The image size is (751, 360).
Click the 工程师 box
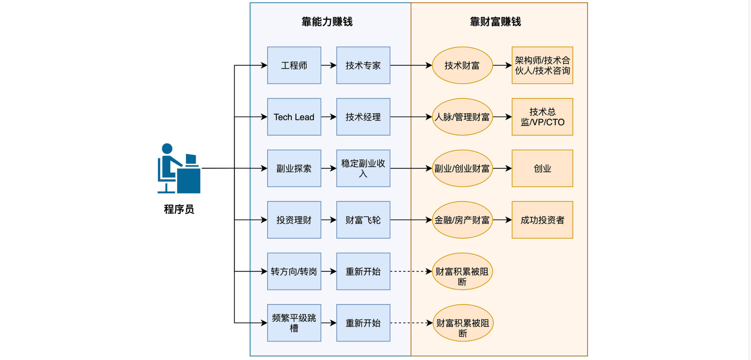click(294, 65)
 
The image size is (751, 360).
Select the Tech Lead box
click(294, 117)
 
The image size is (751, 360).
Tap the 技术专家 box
click(363, 65)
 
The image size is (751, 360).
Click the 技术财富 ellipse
click(462, 65)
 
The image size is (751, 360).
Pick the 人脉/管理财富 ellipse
click(462, 117)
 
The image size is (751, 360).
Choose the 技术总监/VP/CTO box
click(542, 117)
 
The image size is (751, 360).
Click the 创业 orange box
click(542, 168)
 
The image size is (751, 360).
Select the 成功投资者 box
click(542, 220)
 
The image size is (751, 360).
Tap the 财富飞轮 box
click(363, 220)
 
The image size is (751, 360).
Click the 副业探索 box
click(294, 168)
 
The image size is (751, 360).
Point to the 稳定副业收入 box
click(363, 168)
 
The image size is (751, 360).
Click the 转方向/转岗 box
click(294, 271)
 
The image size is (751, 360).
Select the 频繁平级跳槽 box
click(294, 323)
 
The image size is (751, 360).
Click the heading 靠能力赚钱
click(327, 22)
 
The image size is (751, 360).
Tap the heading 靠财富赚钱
click(495, 22)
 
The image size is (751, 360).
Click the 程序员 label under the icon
click(178, 209)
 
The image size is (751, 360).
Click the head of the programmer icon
click(167, 148)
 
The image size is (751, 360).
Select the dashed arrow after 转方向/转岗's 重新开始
click(411, 271)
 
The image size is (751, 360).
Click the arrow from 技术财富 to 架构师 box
click(502, 65)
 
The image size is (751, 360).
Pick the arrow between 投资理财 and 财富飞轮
click(328, 220)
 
